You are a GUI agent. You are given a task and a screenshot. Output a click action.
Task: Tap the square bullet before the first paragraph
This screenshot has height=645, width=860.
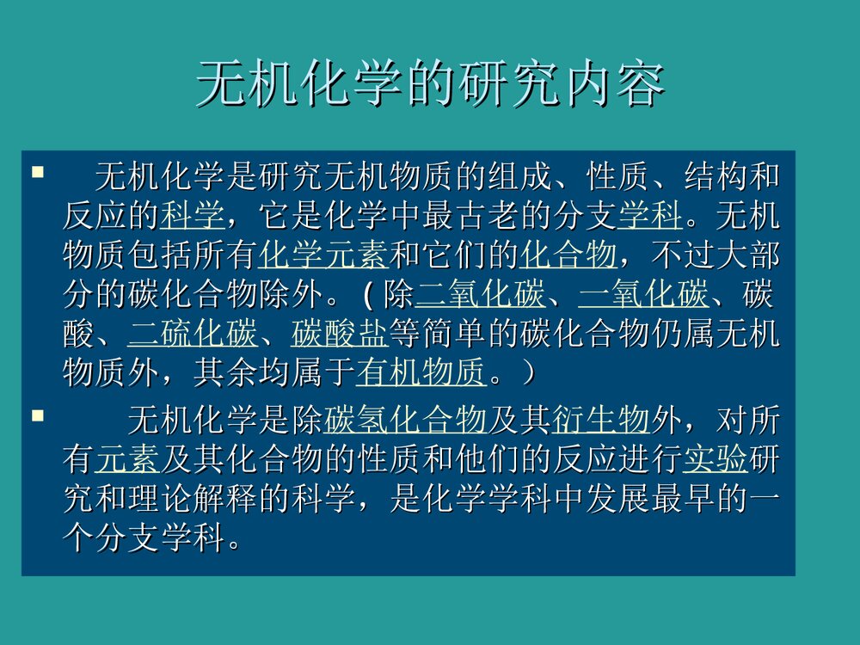point(37,174)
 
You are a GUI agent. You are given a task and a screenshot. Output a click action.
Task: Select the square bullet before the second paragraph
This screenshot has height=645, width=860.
point(37,417)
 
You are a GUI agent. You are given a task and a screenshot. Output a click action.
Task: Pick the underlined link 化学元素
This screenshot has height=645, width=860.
point(323,255)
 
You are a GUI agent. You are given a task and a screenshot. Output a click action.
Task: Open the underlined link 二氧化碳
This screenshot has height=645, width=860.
point(480,295)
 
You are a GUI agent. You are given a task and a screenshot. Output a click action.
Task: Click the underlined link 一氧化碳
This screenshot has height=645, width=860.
point(643,295)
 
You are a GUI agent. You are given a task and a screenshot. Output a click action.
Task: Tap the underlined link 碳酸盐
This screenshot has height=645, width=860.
point(340,334)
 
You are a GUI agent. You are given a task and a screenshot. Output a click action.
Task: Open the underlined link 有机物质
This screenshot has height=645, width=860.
point(421,373)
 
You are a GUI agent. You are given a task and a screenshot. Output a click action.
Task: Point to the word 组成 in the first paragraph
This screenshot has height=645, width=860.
point(519,177)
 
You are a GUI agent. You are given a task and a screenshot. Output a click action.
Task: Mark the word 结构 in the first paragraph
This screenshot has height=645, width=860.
point(715,177)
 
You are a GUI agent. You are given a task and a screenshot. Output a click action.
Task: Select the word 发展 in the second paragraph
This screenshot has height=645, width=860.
point(617,501)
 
